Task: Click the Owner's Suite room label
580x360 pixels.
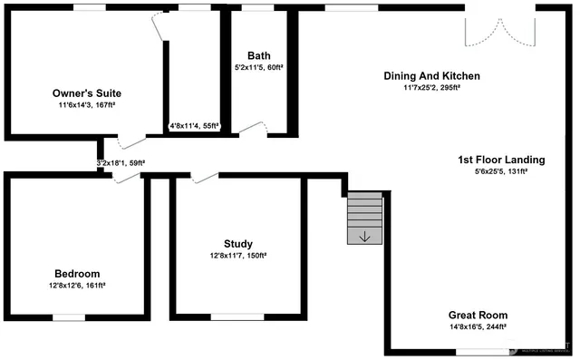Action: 86,93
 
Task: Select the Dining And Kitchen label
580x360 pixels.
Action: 431,76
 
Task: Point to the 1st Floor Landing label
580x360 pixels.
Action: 500,160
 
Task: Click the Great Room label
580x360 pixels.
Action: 478,316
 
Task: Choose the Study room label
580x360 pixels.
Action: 238,244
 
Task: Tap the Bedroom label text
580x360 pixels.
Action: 77,274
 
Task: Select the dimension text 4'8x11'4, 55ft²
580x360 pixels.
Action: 195,127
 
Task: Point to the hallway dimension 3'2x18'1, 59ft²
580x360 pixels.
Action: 121,164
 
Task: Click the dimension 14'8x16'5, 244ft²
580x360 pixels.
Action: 478,327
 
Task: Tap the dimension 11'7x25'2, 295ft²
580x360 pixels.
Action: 431,88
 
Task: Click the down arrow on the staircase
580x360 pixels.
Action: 365,238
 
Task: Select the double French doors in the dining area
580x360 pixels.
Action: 495,27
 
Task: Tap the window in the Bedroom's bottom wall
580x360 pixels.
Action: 69,317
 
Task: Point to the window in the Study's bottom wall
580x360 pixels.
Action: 237,317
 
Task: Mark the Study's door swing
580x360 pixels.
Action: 204,177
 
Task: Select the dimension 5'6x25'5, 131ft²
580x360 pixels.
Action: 500,171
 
